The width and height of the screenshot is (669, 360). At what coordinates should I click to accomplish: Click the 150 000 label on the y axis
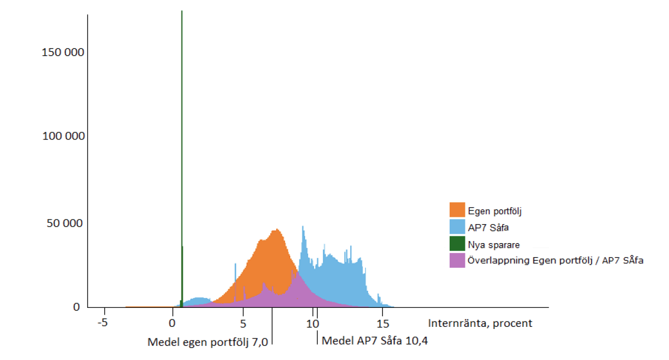tap(63, 53)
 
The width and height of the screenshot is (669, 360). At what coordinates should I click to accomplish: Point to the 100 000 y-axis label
tap(63, 136)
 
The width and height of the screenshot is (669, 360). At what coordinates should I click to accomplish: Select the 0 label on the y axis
tap(76, 307)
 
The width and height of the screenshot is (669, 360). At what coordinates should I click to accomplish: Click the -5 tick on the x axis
tap(103, 323)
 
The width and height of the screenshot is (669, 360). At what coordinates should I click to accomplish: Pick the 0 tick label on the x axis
tap(172, 323)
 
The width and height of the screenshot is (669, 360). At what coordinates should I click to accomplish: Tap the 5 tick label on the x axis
tap(243, 323)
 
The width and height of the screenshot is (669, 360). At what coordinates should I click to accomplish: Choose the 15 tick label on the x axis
tap(382, 323)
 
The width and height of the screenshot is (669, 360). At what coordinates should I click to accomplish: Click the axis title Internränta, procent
tap(480, 323)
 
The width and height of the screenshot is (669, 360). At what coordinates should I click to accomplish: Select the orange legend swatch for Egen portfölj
tap(457, 210)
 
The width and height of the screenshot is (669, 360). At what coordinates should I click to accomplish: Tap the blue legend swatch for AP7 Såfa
tap(457, 227)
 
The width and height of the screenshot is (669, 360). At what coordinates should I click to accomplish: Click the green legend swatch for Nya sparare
tap(457, 244)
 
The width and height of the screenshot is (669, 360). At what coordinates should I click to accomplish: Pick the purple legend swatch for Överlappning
tap(457, 260)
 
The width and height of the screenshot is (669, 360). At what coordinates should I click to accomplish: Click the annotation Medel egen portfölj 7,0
tap(208, 342)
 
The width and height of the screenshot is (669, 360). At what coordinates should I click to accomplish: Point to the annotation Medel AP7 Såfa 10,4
tap(374, 341)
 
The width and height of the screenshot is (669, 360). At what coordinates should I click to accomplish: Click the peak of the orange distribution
tap(277, 231)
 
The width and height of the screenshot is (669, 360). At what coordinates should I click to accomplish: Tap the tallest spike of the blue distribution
tap(303, 227)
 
